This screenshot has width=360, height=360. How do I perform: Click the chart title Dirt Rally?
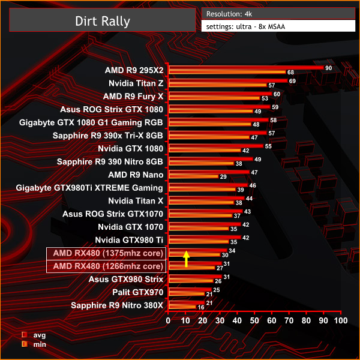coord(102,21)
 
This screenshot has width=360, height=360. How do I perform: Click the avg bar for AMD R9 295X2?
coord(246,68)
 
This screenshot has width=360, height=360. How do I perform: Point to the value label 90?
coord(328,68)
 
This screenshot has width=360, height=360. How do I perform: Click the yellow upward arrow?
coord(186,259)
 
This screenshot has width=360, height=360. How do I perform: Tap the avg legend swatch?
coord(24,335)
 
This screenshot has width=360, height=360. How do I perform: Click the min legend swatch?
coord(24,344)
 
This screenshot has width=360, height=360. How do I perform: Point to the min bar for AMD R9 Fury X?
coord(214,98)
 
